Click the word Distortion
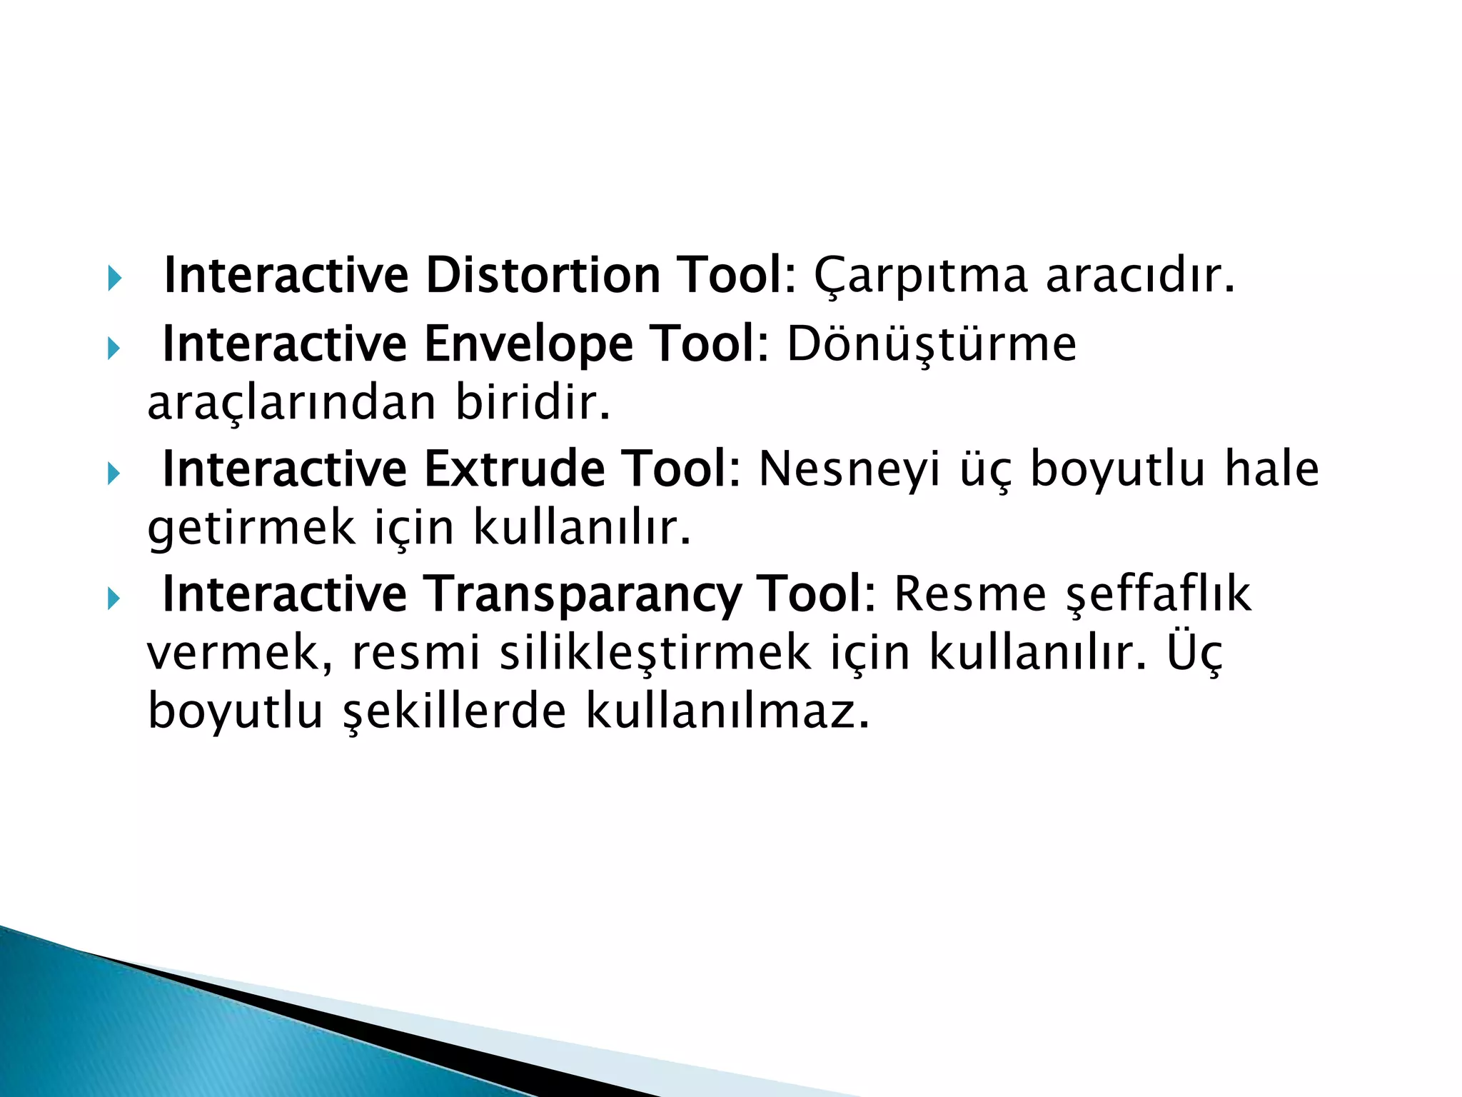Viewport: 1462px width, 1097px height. click(543, 275)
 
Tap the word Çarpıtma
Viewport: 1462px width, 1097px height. click(920, 276)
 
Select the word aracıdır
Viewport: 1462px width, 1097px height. click(1140, 275)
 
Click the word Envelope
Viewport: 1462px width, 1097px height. click(528, 344)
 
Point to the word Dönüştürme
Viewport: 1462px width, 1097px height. click(932, 344)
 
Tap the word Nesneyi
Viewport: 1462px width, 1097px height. click(849, 471)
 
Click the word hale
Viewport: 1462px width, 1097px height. click(1271, 469)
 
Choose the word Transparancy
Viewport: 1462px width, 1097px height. click(581, 595)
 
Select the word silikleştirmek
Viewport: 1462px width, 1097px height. click(655, 654)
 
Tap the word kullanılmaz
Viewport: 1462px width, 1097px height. click(727, 712)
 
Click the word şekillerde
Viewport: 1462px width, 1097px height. click(455, 712)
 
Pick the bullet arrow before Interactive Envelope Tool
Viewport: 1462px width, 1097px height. click(114, 349)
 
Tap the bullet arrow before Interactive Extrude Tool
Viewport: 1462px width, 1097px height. click(114, 473)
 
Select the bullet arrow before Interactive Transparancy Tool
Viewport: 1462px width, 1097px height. click(114, 598)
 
